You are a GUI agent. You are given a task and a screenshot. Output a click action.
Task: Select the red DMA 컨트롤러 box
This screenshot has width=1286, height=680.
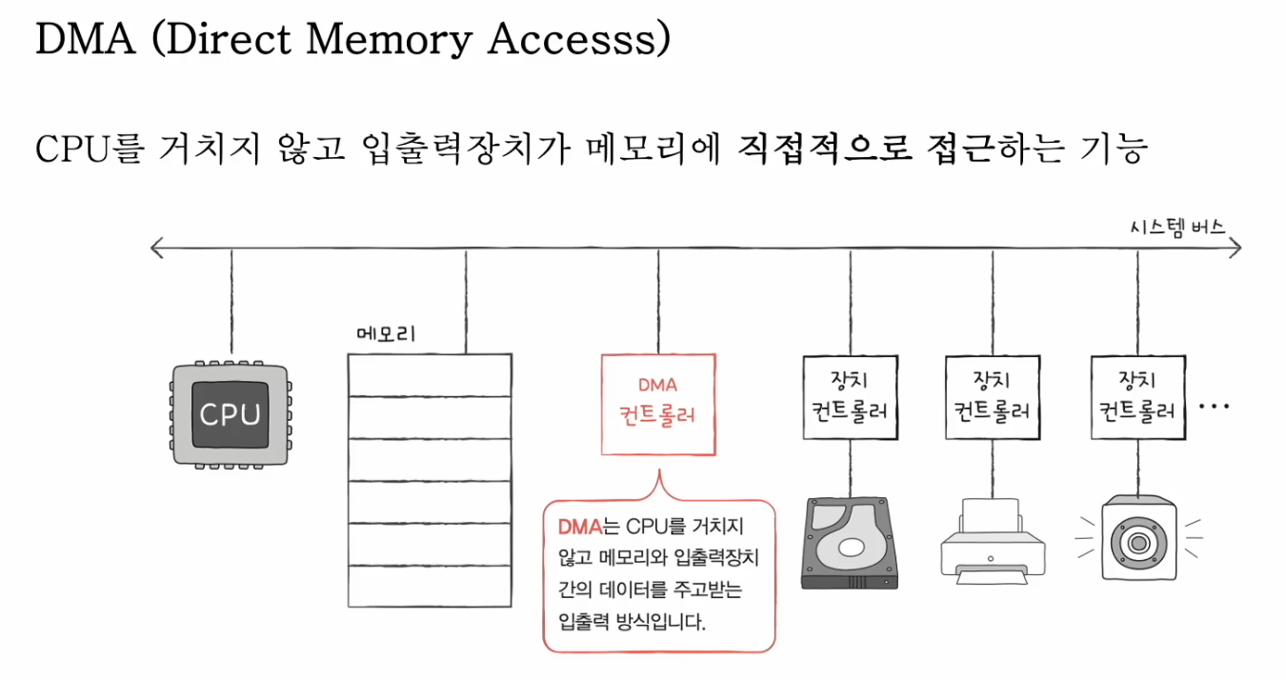coord(658,404)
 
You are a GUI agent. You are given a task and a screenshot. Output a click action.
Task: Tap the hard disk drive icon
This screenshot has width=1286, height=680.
coord(851,543)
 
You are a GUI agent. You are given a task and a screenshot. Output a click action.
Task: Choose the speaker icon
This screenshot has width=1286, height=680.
coord(1137,539)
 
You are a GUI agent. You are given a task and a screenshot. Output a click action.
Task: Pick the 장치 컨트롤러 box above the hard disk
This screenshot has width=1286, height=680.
coord(850,397)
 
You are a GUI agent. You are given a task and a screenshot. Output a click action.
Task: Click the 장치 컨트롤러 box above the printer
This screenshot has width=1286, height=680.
coord(993,397)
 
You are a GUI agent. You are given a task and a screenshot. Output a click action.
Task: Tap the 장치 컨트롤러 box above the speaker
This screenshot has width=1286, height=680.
coord(1137,397)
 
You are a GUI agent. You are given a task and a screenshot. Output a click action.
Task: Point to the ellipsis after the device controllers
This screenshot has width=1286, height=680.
coord(1215,407)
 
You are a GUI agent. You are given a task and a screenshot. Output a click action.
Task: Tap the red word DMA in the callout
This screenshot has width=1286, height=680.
coord(576,526)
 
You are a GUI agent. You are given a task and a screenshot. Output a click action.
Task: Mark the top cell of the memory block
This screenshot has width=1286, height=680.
coord(430,374)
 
